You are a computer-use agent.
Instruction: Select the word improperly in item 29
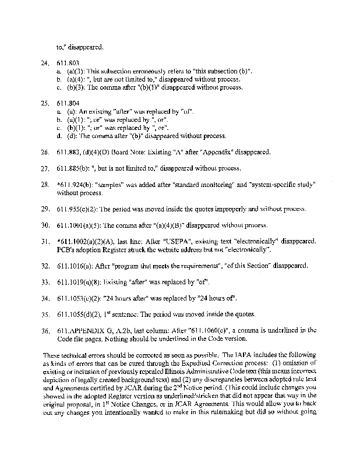(x=213, y=209)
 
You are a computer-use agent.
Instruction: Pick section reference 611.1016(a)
(x=76, y=266)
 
